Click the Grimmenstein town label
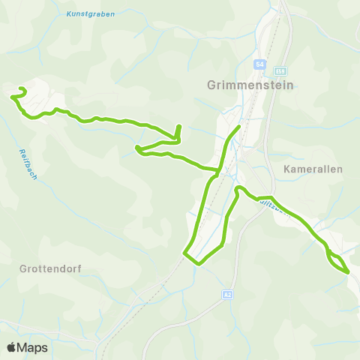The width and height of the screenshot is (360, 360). tap(249, 85)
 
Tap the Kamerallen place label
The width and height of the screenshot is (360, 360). tap(313, 169)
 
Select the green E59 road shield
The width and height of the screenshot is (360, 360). tap(280, 70)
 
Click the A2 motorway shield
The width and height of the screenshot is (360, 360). tap(227, 295)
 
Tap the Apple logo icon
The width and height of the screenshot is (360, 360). tap(11, 347)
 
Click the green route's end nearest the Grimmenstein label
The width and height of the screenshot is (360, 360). tap(238, 127)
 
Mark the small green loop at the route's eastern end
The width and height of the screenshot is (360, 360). tap(337, 262)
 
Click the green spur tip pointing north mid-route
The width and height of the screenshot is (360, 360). tap(178, 127)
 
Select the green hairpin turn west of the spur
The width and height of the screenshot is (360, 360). tap(137, 149)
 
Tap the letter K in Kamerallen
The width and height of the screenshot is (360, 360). tap(288, 169)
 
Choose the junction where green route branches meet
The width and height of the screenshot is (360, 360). tap(217, 172)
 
